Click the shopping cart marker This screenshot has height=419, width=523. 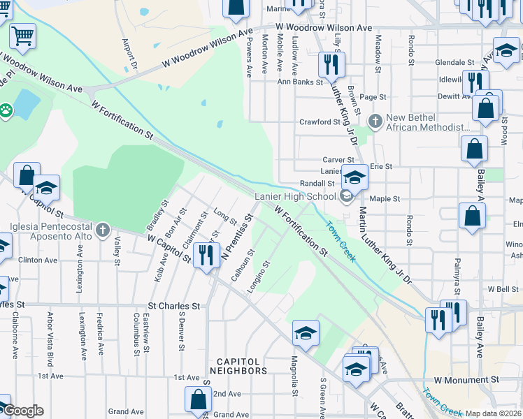point(22,36)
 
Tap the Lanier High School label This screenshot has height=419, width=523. point(296,197)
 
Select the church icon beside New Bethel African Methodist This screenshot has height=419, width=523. point(375,122)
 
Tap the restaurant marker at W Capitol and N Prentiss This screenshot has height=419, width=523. point(205,256)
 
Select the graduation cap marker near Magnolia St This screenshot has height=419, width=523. point(306,335)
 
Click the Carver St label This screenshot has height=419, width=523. point(338,159)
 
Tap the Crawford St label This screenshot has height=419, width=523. point(319,122)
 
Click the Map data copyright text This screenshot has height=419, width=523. point(494,413)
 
